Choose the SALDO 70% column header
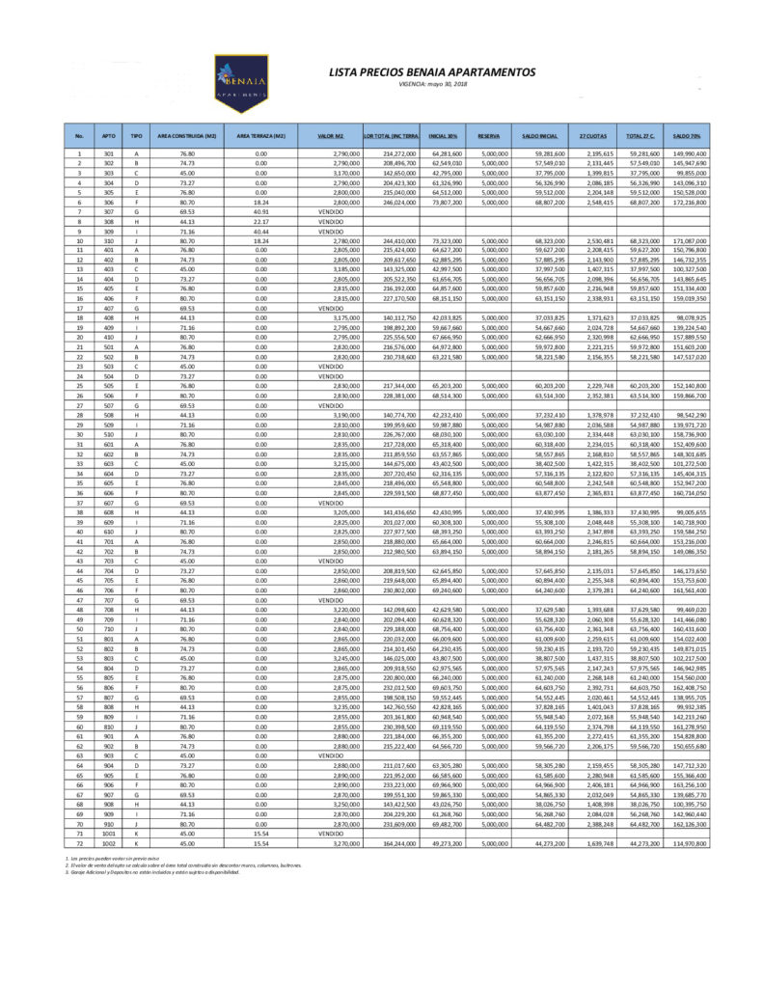[x=687, y=136]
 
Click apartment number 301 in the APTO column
[x=109, y=154]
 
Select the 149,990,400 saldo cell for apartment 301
[x=689, y=154]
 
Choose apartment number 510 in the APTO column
[x=109, y=434]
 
